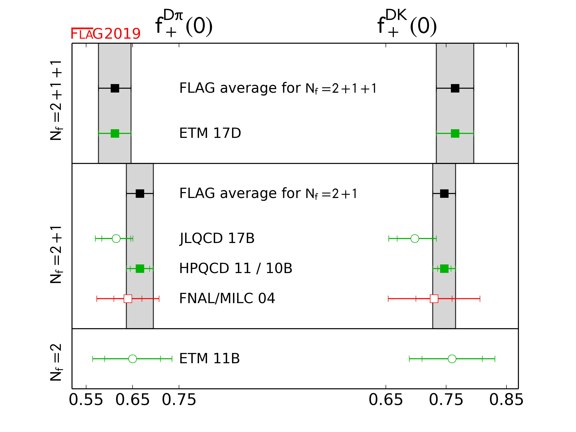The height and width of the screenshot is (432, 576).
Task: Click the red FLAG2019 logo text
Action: [x=105, y=34]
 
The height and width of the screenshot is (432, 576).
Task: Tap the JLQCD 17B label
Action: [x=217, y=238]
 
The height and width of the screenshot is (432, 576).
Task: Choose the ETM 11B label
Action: [x=209, y=358]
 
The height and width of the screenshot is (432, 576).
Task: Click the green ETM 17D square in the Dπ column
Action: [x=115, y=133]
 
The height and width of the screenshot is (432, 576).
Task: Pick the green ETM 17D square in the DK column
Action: [x=455, y=133]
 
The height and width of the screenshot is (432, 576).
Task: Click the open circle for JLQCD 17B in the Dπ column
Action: [x=116, y=238]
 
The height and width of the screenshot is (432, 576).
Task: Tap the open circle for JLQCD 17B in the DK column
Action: [x=415, y=238]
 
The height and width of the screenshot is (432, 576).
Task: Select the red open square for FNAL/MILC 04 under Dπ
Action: [x=128, y=299]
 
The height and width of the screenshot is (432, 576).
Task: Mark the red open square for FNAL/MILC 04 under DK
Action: [x=434, y=299]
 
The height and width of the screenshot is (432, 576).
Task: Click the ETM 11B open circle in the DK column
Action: [x=452, y=359]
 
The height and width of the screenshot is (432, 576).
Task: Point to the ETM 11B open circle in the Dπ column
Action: [x=132, y=359]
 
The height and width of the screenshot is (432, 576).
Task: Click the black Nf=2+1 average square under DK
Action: [x=444, y=193]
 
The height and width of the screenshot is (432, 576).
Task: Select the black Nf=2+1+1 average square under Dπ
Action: [x=115, y=88]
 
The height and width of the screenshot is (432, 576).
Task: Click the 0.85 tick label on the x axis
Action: [x=506, y=400]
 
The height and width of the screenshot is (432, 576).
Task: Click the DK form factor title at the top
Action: [x=407, y=24]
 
